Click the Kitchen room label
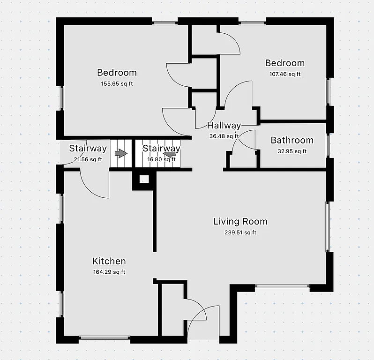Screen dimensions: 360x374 pos(109,262)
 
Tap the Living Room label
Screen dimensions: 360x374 pos(240,222)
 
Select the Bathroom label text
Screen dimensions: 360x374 pos(292,140)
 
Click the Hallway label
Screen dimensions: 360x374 pos(224,126)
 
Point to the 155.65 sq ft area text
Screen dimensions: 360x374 pos(117,84)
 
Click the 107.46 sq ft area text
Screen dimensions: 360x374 pos(284,74)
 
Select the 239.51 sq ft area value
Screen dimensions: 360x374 pos(240,232)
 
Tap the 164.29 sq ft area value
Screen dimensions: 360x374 pos(109,272)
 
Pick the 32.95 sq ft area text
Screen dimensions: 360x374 pos(292,151)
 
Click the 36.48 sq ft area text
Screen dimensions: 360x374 pos(224,136)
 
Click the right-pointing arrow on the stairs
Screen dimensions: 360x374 pos(121,153)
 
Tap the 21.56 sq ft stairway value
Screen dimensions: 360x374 pos(88,159)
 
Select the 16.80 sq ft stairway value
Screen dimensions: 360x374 pos(161,159)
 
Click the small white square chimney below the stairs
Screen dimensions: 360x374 pos(144,179)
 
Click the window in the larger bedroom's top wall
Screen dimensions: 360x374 pos(165,22)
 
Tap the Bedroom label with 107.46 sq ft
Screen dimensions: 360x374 pos(284,63)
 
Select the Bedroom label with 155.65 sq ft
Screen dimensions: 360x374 pos(117,73)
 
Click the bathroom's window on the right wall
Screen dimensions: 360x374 pos(329,145)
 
